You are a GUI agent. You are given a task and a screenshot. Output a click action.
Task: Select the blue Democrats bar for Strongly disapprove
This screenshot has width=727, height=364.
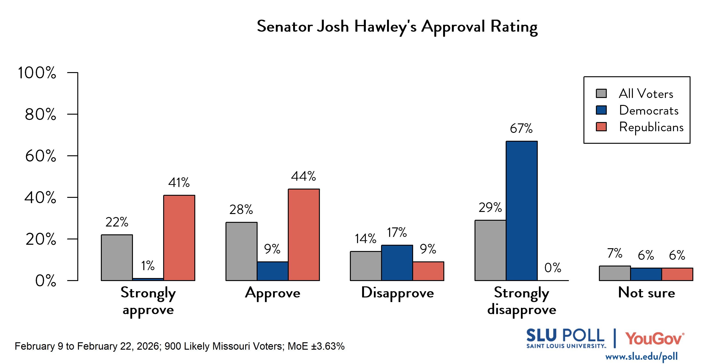tap(522, 211)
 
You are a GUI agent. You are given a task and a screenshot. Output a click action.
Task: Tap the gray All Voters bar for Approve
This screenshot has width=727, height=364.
tap(241, 251)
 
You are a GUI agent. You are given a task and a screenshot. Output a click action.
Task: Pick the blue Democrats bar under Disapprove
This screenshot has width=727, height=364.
tap(397, 263)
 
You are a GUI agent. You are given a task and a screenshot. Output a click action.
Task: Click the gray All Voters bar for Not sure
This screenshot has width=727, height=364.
tap(615, 273)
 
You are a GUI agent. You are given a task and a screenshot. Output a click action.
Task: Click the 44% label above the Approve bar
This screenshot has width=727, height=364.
tap(303, 176)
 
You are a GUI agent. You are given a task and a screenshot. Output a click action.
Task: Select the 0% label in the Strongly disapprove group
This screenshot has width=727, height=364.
tap(553, 268)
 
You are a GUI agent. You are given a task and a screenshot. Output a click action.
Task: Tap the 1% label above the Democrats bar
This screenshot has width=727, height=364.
tap(148, 266)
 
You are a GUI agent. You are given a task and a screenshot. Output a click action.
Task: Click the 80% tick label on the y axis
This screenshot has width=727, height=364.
tap(40, 114)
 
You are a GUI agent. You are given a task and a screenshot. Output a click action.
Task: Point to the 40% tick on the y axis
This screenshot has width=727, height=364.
tap(40, 198)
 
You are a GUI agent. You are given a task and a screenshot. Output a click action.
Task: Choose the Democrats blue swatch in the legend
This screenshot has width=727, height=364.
tap(601, 110)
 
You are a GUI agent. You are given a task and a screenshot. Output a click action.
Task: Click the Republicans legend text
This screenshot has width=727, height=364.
tap(651, 127)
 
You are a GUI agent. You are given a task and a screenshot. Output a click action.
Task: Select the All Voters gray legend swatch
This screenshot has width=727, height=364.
tap(601, 94)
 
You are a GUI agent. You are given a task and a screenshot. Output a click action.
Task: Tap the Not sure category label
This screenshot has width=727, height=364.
tap(646, 293)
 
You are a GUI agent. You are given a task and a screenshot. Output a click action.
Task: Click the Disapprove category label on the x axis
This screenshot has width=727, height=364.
tap(397, 293)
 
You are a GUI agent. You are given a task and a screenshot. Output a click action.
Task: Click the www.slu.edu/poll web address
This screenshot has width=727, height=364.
tap(641, 356)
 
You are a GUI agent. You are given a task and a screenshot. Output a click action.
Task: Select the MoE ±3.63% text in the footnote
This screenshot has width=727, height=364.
tap(316, 346)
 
